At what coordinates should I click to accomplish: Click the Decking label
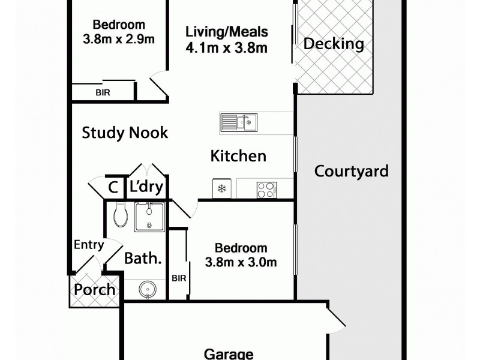click(x=334, y=44)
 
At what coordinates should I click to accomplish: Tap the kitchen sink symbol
click(x=239, y=123)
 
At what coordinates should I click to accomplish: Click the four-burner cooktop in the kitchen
click(x=266, y=190)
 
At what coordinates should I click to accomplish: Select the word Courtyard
click(x=352, y=171)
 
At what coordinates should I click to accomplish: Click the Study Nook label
click(x=125, y=133)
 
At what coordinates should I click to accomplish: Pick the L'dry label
click(x=146, y=188)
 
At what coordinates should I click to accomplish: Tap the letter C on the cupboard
click(x=112, y=188)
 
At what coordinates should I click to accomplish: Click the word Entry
click(x=89, y=245)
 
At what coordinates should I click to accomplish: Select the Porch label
click(x=95, y=290)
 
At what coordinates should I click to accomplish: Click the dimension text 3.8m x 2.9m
click(x=119, y=40)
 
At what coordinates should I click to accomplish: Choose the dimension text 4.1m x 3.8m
click(x=226, y=48)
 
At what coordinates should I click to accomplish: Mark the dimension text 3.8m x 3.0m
click(x=241, y=262)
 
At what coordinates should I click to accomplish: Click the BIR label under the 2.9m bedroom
click(x=102, y=93)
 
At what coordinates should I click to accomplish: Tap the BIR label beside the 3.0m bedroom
click(x=179, y=278)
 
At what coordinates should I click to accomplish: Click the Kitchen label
click(x=238, y=156)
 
